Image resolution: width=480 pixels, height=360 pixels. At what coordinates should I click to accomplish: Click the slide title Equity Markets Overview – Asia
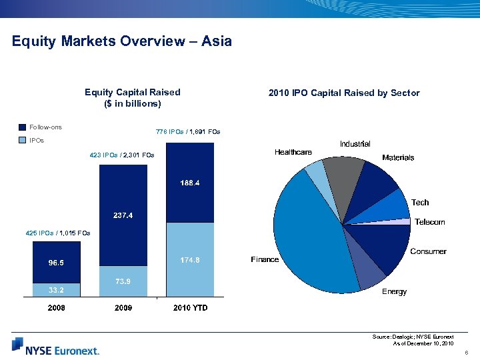click(122, 41)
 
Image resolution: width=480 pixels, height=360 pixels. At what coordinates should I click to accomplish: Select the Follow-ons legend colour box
click(23, 127)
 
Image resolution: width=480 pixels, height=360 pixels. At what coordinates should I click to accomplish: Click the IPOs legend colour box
click(23, 141)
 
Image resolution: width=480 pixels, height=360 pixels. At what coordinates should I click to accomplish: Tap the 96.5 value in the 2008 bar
click(56, 263)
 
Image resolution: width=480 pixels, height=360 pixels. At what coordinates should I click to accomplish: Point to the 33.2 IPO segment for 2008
click(56, 290)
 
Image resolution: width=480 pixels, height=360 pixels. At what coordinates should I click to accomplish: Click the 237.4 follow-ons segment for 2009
click(123, 215)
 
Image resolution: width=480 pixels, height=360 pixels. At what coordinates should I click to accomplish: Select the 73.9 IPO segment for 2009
click(123, 281)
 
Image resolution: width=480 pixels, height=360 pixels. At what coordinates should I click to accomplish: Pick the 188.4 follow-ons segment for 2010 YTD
click(190, 183)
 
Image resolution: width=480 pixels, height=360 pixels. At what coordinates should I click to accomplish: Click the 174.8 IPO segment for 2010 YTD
click(190, 259)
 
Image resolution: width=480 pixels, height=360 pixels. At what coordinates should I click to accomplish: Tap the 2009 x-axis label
click(123, 308)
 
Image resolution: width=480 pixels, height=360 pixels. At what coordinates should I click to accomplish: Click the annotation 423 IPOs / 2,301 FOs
click(121, 155)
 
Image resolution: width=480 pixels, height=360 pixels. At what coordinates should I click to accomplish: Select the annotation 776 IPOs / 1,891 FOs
click(188, 132)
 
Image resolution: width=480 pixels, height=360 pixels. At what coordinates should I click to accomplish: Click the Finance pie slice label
click(265, 259)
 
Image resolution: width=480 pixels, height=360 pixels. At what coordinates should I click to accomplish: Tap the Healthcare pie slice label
click(293, 153)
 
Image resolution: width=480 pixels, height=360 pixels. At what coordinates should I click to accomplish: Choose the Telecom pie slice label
click(429, 222)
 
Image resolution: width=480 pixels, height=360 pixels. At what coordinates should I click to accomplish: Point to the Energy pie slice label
click(394, 292)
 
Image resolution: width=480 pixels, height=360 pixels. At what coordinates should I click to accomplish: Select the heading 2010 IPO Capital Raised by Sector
click(344, 93)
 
